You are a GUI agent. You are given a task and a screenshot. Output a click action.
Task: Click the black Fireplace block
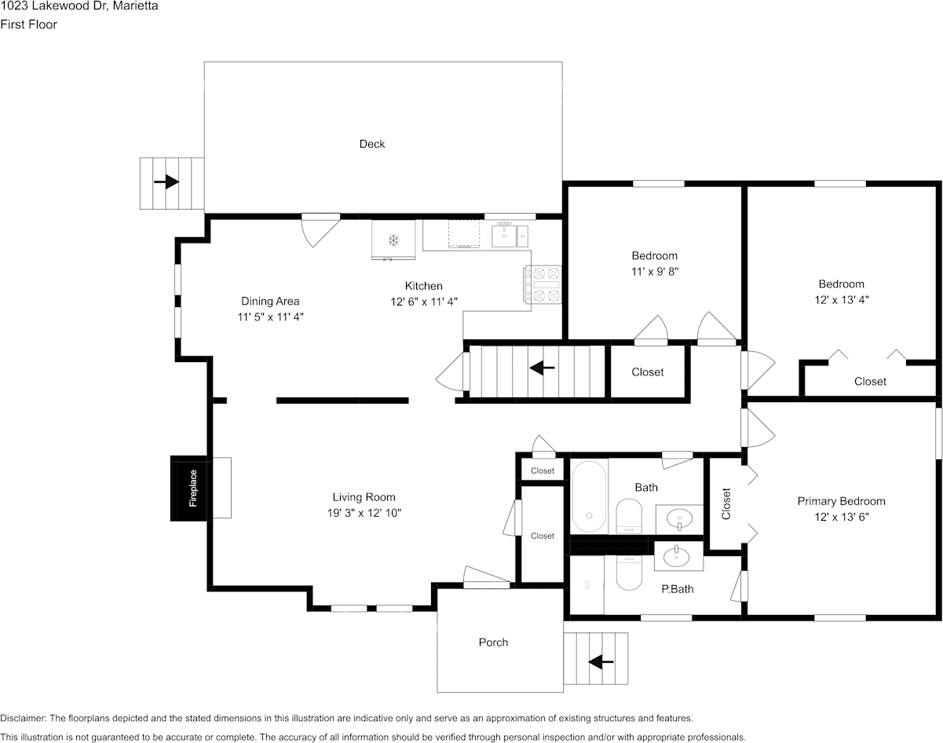189,489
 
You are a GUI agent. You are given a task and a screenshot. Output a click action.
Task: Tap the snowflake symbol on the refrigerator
393,240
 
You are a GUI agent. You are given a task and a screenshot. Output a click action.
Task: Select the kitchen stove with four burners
543,284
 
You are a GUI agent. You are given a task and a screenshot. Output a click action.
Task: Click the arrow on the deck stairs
166,181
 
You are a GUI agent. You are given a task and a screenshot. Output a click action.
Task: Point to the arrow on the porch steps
601,661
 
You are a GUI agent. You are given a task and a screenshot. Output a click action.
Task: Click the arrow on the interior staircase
542,368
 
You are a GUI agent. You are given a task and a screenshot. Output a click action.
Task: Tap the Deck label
372,144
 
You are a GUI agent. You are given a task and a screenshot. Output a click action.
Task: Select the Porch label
493,642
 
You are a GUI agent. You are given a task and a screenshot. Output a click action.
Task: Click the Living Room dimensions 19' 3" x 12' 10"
364,513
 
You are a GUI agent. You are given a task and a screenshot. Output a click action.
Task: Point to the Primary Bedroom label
842,501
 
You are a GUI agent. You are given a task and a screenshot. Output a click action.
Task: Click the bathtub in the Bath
590,496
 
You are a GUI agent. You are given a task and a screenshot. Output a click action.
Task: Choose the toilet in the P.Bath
629,573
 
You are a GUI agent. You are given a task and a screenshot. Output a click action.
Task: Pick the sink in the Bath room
679,519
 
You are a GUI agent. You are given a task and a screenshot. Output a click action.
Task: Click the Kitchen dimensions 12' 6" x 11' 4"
424,302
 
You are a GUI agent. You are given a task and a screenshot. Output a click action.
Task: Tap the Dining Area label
270,301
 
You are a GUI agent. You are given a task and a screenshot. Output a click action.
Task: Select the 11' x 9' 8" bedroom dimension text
655,271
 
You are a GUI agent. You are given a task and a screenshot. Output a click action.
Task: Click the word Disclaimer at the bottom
23,718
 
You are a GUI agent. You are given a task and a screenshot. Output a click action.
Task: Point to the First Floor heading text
28,24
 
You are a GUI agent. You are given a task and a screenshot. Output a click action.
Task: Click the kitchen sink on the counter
510,235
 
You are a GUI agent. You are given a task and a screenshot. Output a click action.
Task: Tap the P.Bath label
678,589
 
